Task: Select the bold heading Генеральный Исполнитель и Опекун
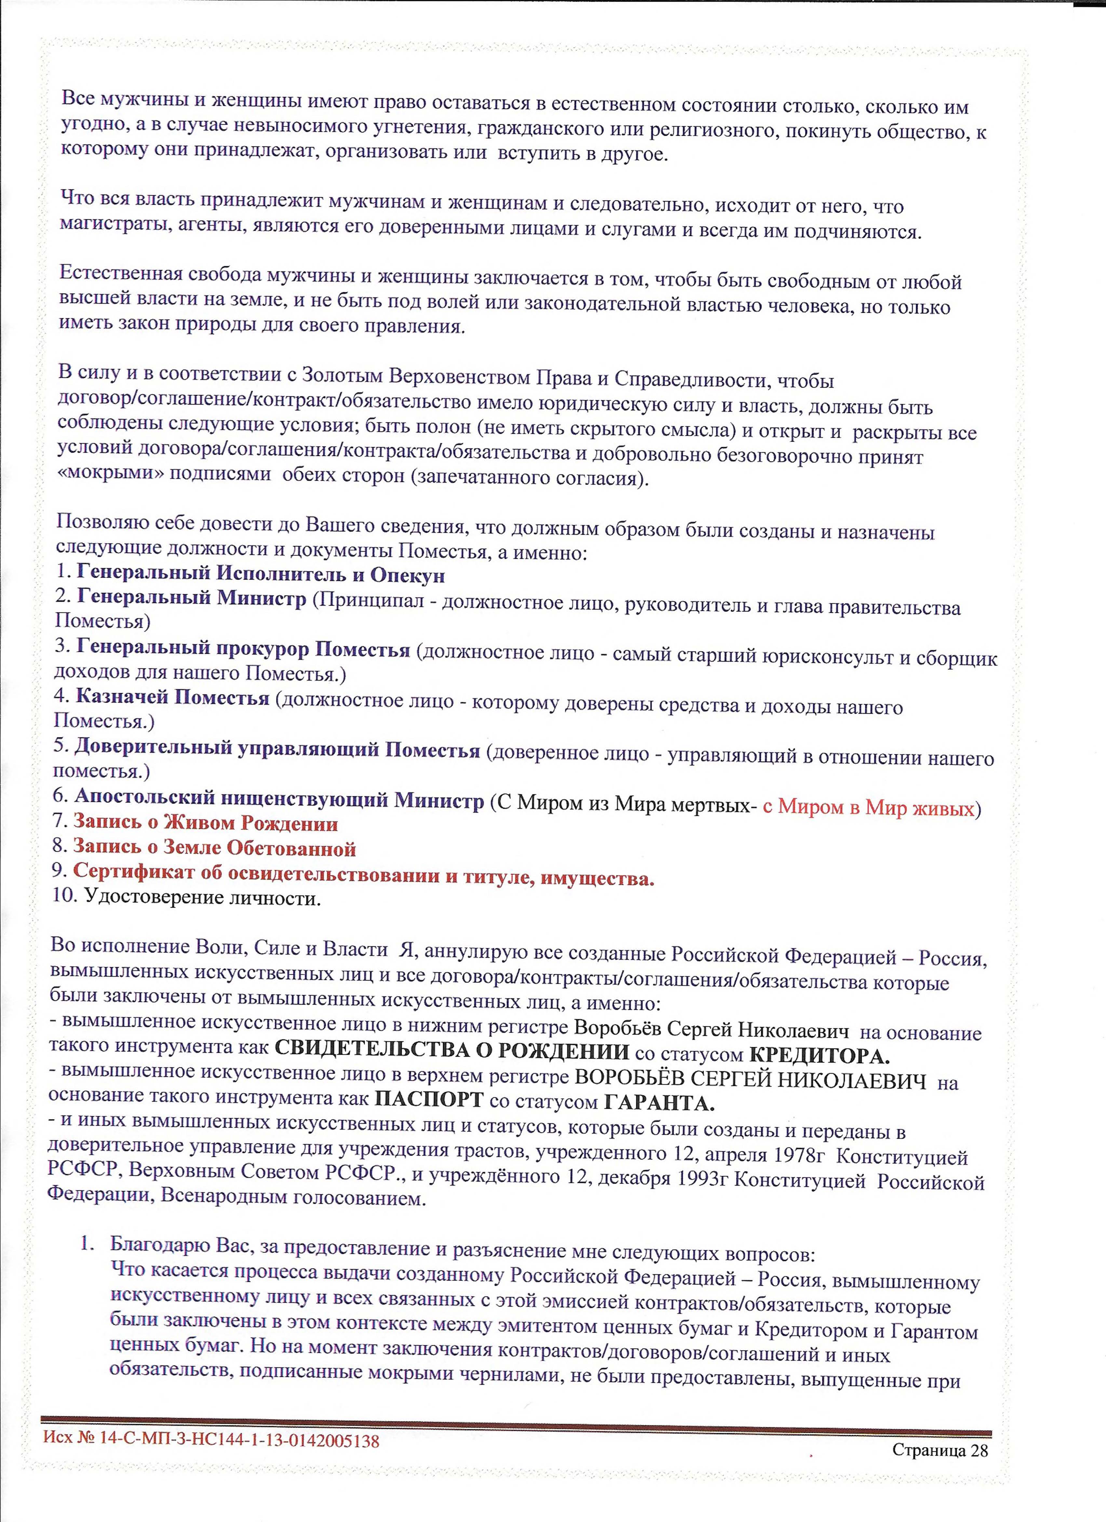coord(260,575)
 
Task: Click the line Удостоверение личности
coord(203,898)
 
